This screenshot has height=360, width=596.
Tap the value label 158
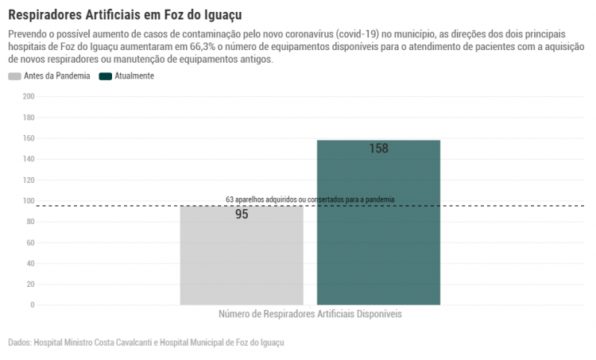(378, 149)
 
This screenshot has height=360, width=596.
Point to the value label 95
(242, 215)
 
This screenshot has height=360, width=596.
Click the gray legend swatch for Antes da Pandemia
(14, 76)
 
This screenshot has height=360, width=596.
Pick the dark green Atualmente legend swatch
(105, 76)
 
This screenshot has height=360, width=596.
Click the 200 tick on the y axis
(29, 97)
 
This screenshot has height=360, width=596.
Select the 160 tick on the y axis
(29, 138)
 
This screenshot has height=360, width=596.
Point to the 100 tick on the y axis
(29, 201)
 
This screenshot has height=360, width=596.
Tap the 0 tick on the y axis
(32, 305)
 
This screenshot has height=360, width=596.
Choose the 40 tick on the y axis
(30, 263)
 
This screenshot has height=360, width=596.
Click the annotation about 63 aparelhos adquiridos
(310, 199)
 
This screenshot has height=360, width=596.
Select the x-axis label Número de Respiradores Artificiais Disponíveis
(310, 315)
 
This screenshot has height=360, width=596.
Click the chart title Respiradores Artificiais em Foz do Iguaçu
(125, 15)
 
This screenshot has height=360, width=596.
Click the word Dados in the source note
(19, 343)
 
